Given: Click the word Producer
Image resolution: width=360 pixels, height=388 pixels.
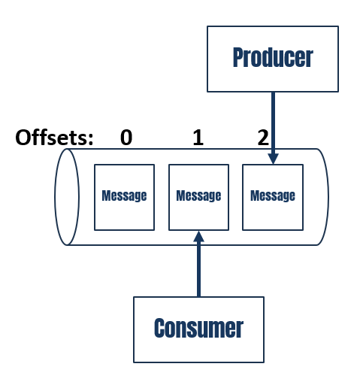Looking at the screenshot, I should (272, 58).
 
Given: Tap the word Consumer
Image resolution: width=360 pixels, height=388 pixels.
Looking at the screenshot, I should (198, 329).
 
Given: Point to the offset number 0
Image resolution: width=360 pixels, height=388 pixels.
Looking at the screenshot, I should (126, 138).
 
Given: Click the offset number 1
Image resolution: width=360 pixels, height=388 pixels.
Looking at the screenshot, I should (198, 138).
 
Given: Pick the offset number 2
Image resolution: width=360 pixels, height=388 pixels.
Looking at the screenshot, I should (262, 138).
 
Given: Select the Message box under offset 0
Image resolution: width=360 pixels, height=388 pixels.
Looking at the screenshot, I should (124, 196).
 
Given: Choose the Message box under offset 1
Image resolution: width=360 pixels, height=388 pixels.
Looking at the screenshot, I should (198, 196).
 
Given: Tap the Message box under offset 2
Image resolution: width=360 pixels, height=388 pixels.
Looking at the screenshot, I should (272, 196).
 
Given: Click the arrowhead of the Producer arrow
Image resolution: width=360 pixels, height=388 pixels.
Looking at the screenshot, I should (273, 159).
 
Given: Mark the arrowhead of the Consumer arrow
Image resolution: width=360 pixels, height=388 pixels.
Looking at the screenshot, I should (198, 235).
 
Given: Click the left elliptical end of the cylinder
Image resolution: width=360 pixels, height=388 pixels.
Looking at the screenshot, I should (68, 196).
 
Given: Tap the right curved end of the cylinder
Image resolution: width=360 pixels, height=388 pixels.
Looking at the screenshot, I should (325, 196).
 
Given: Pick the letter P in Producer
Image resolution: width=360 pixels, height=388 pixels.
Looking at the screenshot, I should (238, 58).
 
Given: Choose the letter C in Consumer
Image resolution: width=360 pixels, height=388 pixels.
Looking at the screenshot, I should (159, 329).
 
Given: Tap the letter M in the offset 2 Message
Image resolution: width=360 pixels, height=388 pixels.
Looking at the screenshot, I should (253, 196).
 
